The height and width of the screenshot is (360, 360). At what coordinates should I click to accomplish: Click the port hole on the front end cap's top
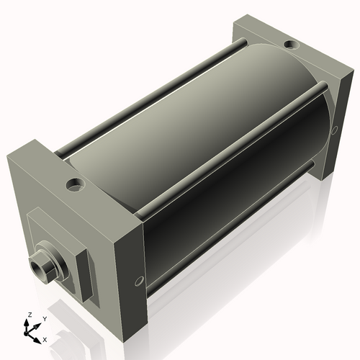[75, 185]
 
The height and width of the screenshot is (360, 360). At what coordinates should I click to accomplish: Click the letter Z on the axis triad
[29, 315]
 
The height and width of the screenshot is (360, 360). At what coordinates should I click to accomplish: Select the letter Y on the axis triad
[44, 318]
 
